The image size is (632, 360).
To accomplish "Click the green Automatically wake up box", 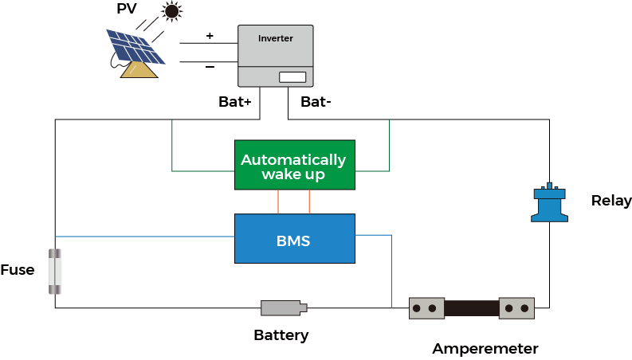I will pyautogui.click(x=294, y=165).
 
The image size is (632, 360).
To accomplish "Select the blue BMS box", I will pyautogui.click(x=294, y=238).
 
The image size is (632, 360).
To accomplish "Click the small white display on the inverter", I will pyautogui.click(x=292, y=77).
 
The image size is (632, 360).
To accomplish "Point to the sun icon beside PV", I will pyautogui.click(x=171, y=11).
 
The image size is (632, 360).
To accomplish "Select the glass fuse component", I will pyautogui.click(x=54, y=271).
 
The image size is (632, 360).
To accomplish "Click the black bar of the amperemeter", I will pyautogui.click(x=471, y=308).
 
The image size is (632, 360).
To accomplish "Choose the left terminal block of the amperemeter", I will pyautogui.click(x=426, y=308).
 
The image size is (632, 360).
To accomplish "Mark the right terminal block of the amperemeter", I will pyautogui.click(x=516, y=308).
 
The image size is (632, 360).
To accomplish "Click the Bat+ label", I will pyautogui.click(x=235, y=102).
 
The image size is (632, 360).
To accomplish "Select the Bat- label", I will pyautogui.click(x=315, y=102).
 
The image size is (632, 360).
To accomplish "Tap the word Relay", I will pyautogui.click(x=611, y=201).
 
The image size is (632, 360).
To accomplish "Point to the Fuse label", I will pyautogui.click(x=18, y=270).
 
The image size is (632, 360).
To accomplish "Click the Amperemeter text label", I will pyautogui.click(x=485, y=349).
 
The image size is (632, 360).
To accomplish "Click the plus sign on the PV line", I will pyautogui.click(x=210, y=36).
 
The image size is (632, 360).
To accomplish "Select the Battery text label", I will pyautogui.click(x=281, y=335).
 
